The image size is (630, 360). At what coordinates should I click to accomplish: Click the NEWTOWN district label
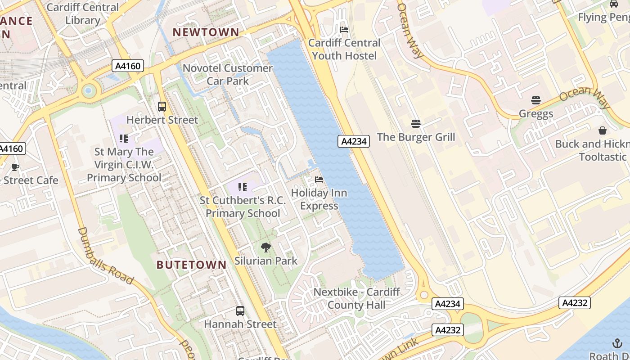point(206,32)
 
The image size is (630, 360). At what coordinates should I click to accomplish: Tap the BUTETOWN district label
point(191,265)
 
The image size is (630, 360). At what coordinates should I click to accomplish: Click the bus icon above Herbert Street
point(162,107)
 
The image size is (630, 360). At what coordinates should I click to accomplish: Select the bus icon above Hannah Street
point(240,310)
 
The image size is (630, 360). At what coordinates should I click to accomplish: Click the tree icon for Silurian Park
point(266,247)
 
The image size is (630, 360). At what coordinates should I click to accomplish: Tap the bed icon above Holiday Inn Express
point(319,179)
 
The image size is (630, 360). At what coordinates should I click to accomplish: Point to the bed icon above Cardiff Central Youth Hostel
point(344,30)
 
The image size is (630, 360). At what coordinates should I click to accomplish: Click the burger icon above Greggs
point(535,100)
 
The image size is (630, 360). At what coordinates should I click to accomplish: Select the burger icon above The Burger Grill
point(416,123)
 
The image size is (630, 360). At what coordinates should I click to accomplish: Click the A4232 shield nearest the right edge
point(575,303)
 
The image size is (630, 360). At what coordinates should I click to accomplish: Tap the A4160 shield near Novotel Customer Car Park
point(128,66)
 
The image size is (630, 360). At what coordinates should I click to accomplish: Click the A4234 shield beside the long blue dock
point(354,141)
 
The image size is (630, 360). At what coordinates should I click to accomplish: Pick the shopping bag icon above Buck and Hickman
point(602,130)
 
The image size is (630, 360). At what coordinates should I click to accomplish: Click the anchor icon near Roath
point(616,343)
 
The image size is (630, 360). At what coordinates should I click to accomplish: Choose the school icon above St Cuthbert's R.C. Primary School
point(243,187)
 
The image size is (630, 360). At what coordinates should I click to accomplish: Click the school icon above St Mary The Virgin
point(124,139)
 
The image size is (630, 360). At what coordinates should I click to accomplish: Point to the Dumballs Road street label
point(105,256)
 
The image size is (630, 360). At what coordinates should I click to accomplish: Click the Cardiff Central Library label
point(83,13)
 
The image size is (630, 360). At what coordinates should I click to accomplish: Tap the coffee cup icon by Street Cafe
point(15,167)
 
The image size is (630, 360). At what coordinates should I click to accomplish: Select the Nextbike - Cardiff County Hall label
point(356,298)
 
